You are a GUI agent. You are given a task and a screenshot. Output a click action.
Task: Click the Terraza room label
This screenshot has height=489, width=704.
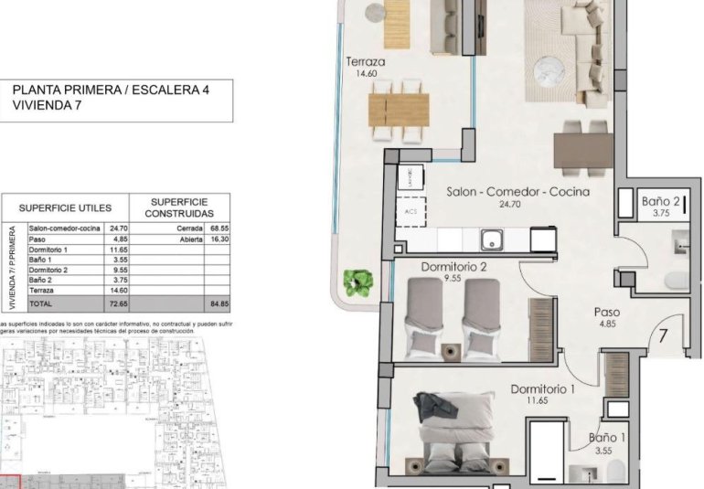click(x=365, y=62)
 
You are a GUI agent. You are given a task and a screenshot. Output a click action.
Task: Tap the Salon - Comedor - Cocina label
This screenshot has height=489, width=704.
click(x=517, y=192)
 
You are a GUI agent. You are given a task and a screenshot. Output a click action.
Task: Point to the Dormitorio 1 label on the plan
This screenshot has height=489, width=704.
click(x=543, y=388)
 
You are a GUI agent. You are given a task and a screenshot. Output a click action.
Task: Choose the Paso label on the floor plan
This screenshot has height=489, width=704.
click(x=607, y=310)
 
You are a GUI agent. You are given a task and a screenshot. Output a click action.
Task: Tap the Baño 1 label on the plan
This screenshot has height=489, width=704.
click(x=607, y=438)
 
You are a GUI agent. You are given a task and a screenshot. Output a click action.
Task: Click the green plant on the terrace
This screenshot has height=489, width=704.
click(x=355, y=283)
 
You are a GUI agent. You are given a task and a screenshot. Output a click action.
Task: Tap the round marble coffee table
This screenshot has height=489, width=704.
click(x=557, y=71)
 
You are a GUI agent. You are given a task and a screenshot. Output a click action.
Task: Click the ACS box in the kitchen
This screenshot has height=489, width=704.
click(x=410, y=213)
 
